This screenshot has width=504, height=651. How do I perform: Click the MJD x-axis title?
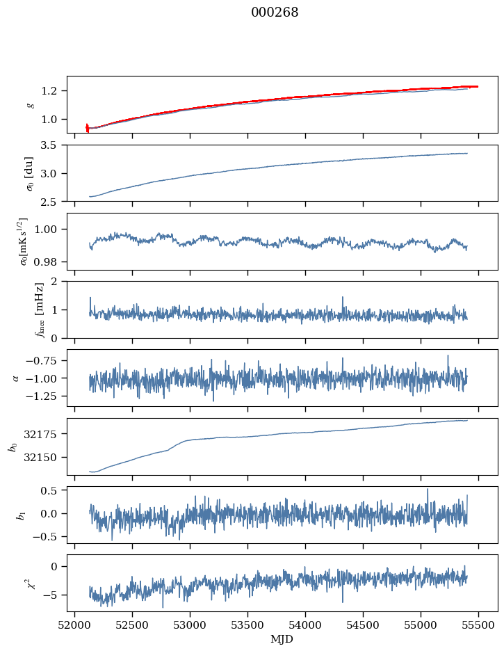(x=282, y=639)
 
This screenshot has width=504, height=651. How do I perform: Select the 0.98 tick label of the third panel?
(x=49, y=262)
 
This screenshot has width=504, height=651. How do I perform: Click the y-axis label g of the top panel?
(x=29, y=105)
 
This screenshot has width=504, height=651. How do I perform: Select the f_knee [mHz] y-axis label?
(x=20, y=310)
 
